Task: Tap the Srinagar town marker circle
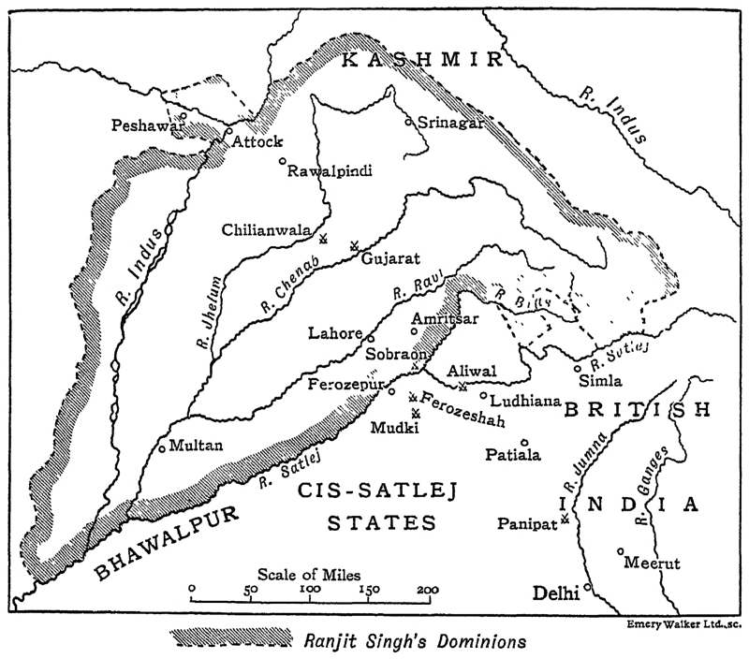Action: pos(407,122)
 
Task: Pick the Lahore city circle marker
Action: pos(371,338)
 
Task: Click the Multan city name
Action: pos(198,447)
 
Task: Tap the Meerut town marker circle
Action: pos(621,551)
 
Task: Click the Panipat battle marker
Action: pos(565,518)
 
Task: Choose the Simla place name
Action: pos(600,380)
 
